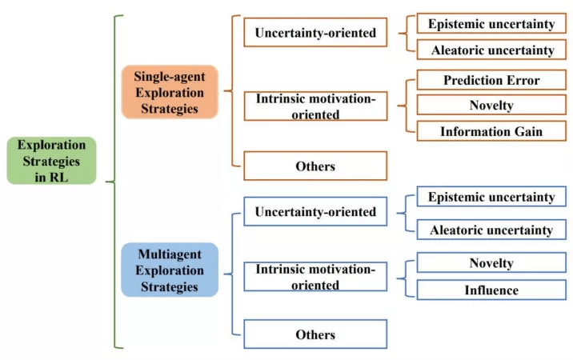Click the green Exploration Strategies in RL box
[x=51, y=160]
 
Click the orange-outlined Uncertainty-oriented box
[x=315, y=34]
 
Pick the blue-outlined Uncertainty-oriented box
[x=315, y=212]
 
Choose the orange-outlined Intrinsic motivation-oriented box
[x=315, y=106]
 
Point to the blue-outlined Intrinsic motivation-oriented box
[x=315, y=277]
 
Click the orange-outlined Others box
[x=315, y=166]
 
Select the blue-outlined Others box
[x=315, y=334]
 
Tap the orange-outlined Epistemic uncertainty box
[x=491, y=24]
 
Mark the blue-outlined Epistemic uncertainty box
[x=491, y=197]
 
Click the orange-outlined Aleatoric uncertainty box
[x=491, y=50]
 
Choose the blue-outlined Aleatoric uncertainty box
[x=491, y=230]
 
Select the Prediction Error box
[x=491, y=80]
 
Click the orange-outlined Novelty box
[x=491, y=105]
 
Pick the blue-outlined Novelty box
[x=491, y=262]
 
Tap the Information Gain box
[x=491, y=131]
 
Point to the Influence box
[x=491, y=290]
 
